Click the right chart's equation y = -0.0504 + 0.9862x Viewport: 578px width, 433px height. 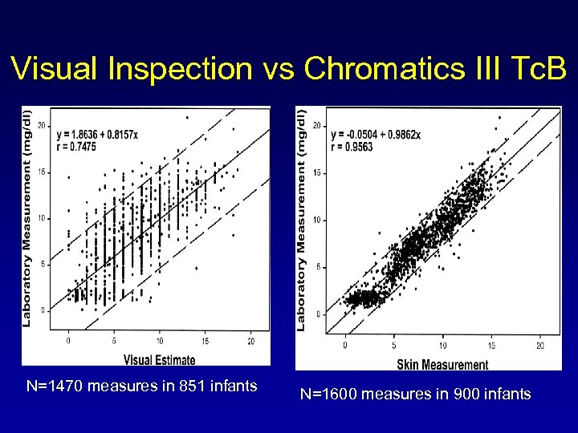click(x=376, y=135)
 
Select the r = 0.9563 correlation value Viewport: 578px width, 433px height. click(x=352, y=147)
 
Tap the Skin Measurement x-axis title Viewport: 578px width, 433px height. click(x=442, y=365)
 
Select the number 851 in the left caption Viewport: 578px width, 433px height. click(x=186, y=386)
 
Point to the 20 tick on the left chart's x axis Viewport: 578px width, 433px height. click(x=251, y=341)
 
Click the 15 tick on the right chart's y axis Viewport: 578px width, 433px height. click(x=317, y=172)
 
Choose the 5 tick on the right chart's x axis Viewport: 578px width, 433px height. click(x=394, y=346)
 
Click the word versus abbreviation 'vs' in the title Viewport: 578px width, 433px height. click(x=276, y=70)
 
